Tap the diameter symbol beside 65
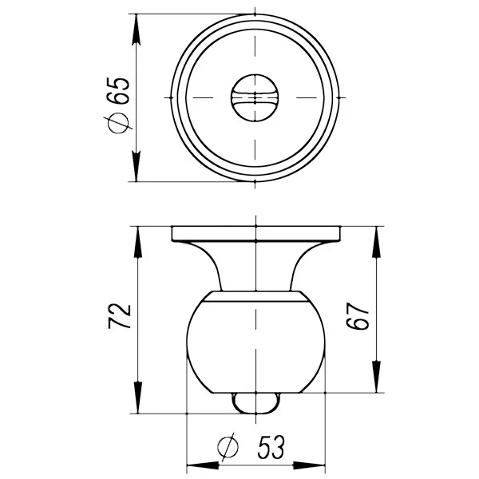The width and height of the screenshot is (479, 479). coord(120,123)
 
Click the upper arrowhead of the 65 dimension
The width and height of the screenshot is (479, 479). coord(137,24)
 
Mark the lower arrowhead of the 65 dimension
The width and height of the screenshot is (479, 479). coord(137,172)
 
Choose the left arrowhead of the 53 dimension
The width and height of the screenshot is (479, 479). coord(196,465)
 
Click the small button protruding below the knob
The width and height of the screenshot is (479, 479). coord(255,402)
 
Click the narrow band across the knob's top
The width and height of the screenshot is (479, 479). coord(255,299)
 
